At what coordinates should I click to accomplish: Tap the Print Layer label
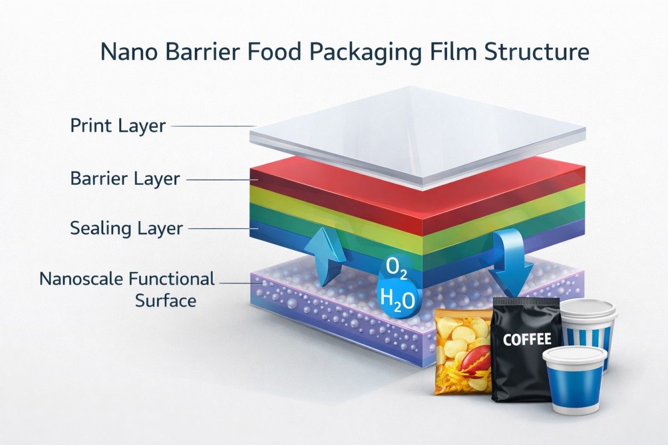point(118,126)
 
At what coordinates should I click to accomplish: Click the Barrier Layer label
point(125,179)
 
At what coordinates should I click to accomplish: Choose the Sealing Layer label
point(126,228)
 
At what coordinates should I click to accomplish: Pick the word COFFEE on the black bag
point(527,339)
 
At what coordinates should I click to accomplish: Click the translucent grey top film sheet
point(417,133)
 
